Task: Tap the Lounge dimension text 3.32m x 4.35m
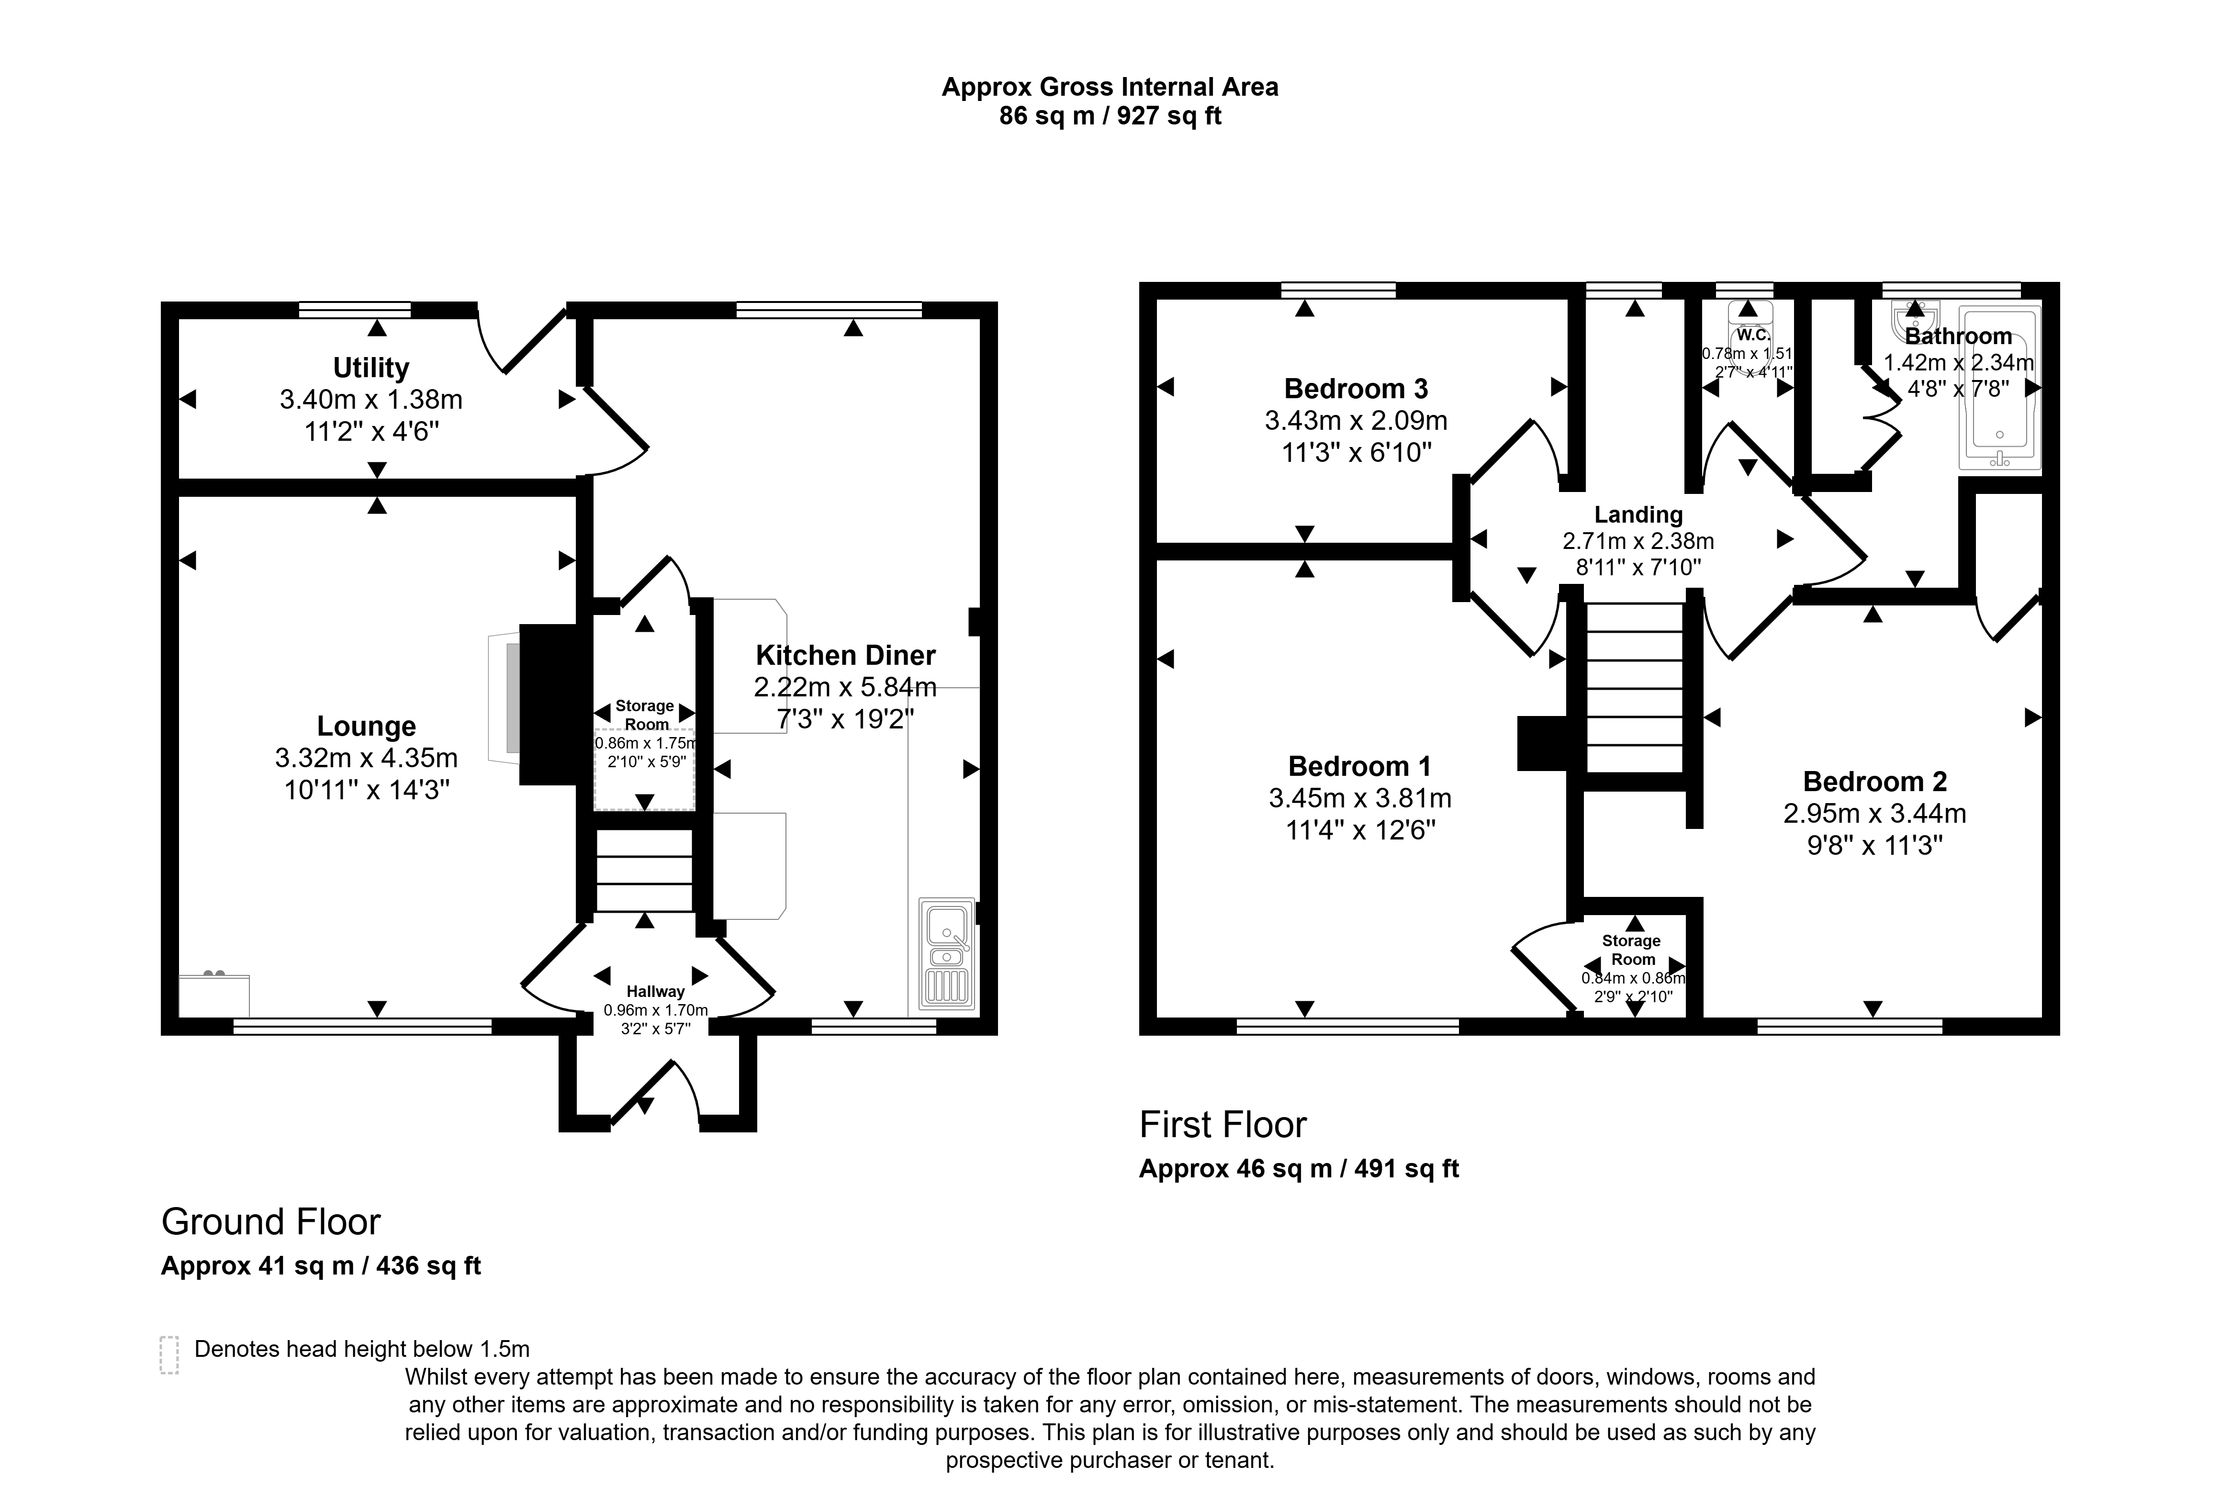[x=366, y=758]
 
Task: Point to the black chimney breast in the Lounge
[x=549, y=705]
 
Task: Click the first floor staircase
[x=1634, y=688]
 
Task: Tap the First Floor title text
[x=1223, y=1125]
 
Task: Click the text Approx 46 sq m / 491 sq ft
[x=1299, y=1169]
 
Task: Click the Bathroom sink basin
[x=1914, y=315]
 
